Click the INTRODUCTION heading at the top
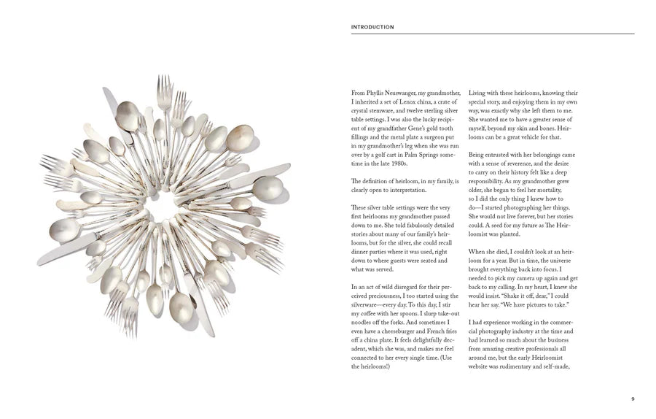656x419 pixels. [x=372, y=27]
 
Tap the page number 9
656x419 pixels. [x=632, y=399]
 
